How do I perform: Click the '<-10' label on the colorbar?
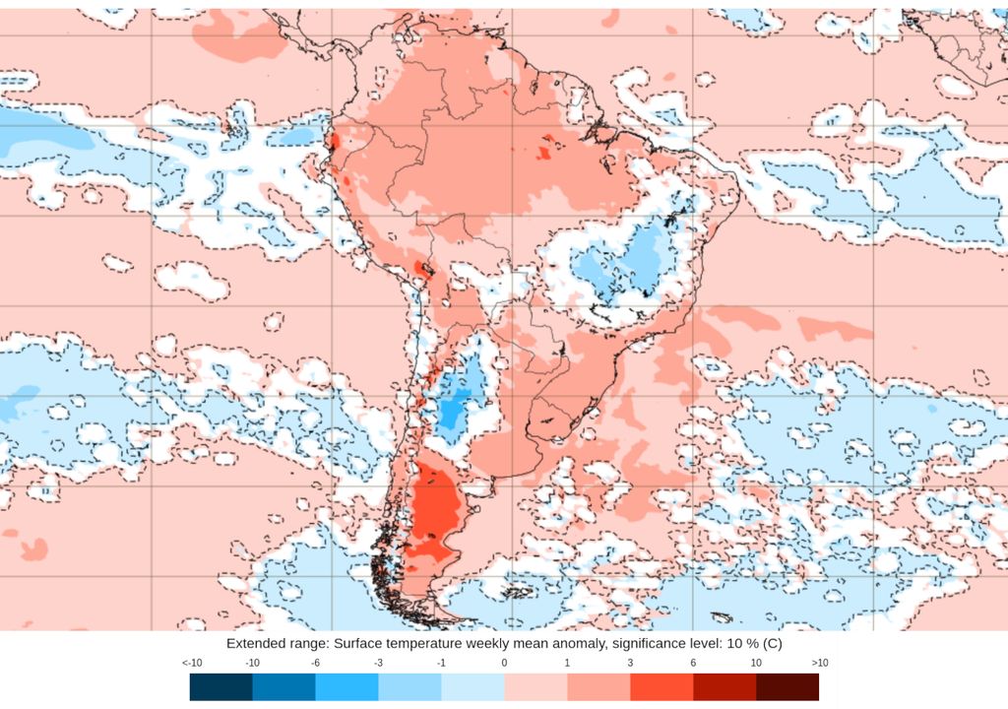click(x=192, y=664)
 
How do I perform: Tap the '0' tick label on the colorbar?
click(x=504, y=664)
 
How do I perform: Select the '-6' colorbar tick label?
click(x=316, y=664)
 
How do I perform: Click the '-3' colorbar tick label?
click(x=379, y=664)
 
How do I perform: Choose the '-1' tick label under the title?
click(x=441, y=664)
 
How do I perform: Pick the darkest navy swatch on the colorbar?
click(x=221, y=686)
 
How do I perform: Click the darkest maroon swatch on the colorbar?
click(x=787, y=686)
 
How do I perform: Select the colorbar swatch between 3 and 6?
click(x=661, y=686)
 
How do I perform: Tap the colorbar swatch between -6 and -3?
click(x=347, y=686)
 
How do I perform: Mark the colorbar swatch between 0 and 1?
click(x=535, y=686)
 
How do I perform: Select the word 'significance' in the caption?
click(x=627, y=643)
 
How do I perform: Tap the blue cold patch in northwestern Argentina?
click(x=455, y=404)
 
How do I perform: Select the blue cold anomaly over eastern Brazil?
click(x=620, y=261)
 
